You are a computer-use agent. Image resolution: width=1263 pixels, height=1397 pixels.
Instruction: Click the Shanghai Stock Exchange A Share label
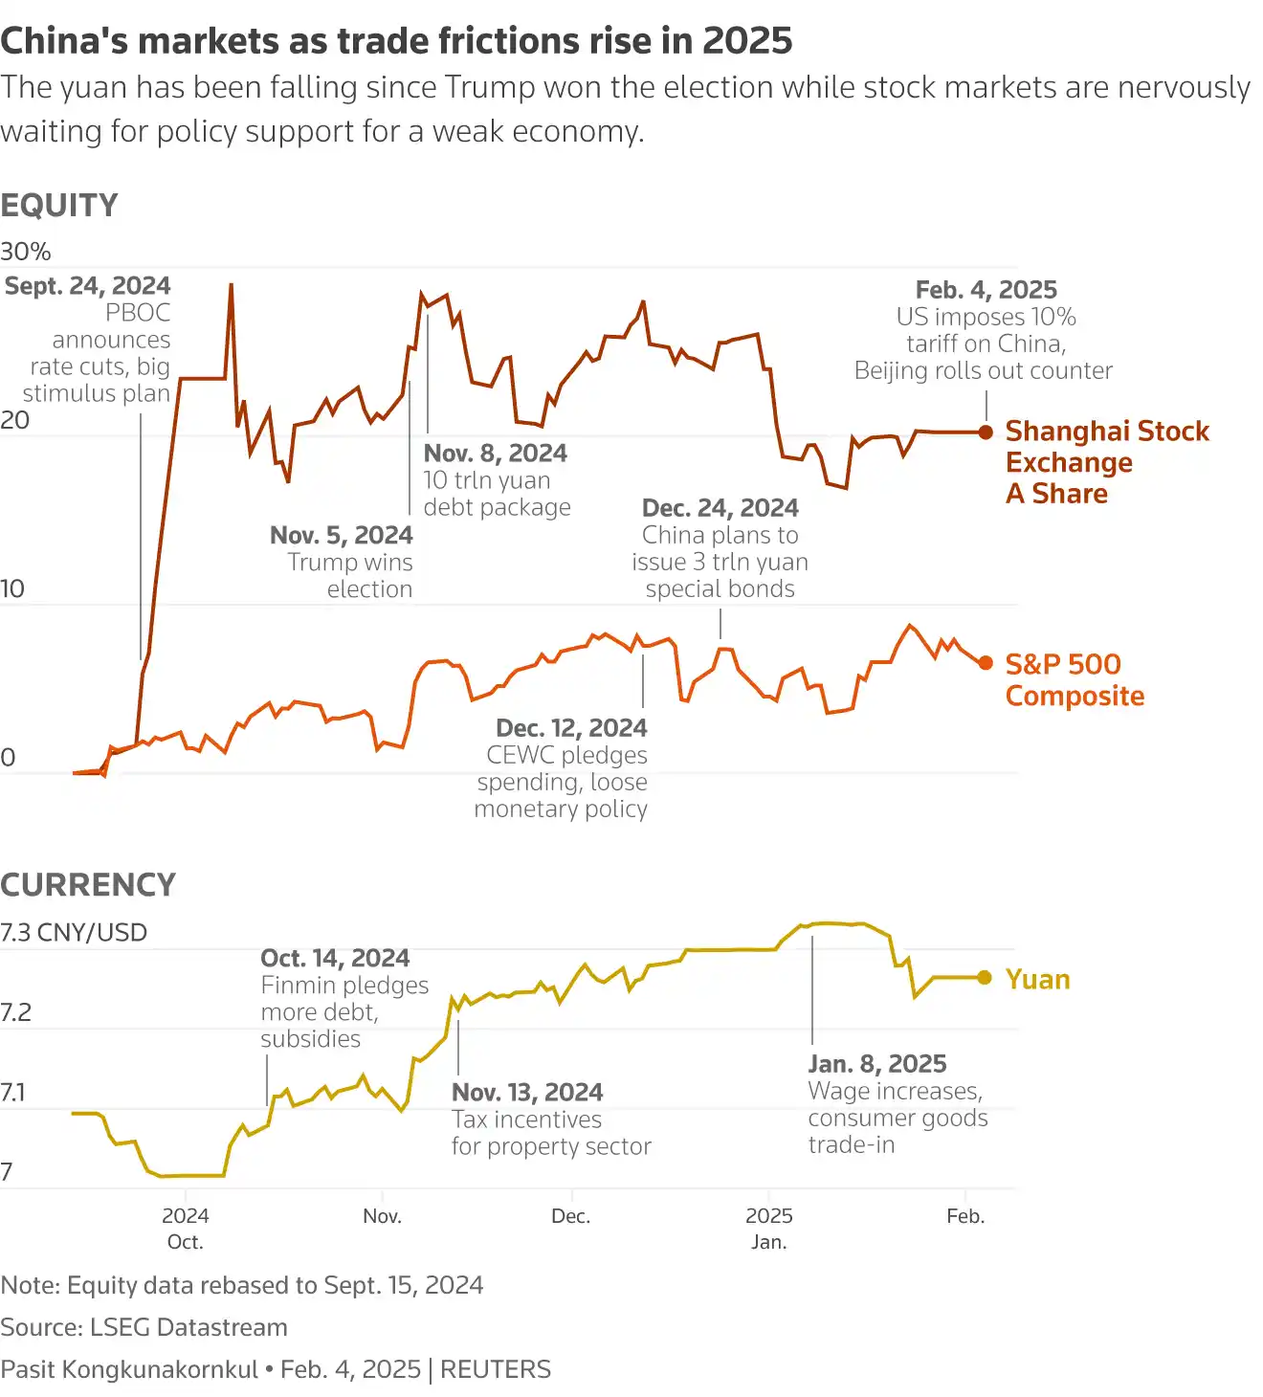pos(1106,462)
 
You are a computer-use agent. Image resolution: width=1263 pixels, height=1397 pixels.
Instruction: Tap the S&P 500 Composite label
pos(1074,679)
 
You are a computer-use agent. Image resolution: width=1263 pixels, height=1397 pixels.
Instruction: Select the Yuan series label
pos(1037,979)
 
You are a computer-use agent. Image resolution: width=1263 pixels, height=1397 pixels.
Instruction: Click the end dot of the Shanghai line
pos(986,432)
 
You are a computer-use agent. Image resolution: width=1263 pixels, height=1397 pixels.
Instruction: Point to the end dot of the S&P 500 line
pos(986,662)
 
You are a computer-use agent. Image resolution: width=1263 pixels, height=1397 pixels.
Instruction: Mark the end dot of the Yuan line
pos(985,977)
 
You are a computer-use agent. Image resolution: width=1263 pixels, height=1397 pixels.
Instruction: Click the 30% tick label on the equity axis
pos(26,252)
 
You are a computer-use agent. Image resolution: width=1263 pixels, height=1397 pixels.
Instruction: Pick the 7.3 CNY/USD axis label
pos(74,932)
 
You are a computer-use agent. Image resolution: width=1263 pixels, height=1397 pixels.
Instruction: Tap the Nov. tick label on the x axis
pos(382,1216)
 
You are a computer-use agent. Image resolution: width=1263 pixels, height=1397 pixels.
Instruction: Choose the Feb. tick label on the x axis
pos(965,1216)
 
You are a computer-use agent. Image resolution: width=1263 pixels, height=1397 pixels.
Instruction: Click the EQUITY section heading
pos(59,206)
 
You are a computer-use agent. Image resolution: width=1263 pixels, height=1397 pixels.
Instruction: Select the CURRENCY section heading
pos(88,885)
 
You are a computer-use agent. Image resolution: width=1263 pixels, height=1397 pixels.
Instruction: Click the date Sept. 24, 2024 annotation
pos(88,286)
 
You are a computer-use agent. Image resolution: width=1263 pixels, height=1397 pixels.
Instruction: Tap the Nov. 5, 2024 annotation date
pos(342,535)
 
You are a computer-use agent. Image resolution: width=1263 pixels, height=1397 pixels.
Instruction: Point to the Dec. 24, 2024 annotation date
pos(720,508)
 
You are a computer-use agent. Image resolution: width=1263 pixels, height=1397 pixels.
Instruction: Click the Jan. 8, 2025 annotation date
pos(877,1064)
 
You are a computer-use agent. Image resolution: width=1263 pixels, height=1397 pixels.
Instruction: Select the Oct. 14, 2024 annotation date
pos(335,959)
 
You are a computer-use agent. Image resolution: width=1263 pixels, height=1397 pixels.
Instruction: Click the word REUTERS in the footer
pos(496,1369)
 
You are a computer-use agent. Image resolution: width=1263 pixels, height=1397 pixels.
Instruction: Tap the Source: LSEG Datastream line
pos(144,1327)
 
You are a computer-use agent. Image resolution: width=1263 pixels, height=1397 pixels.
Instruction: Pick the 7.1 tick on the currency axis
pos(12,1092)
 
